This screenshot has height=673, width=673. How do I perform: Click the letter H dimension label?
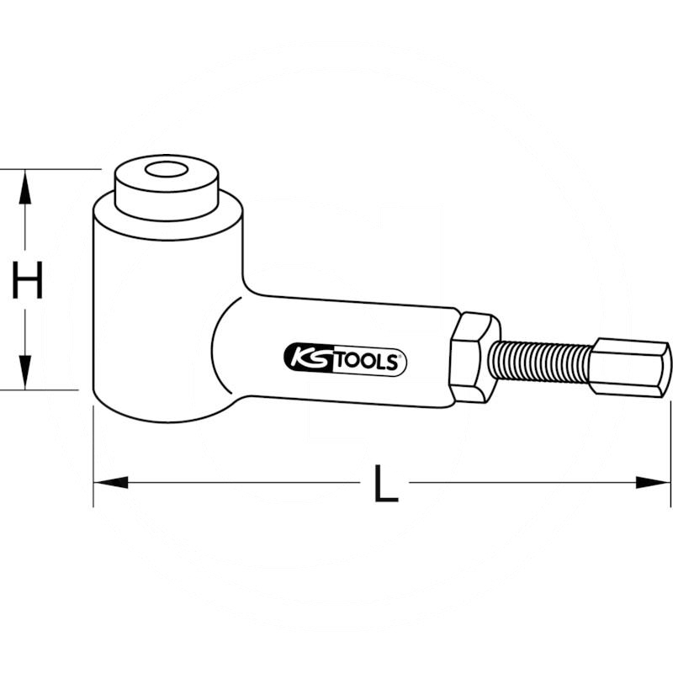pyautogui.click(x=28, y=279)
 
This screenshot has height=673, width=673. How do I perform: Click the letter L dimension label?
pyautogui.click(x=386, y=484)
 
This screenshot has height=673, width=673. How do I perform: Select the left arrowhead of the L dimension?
pyautogui.click(x=111, y=482)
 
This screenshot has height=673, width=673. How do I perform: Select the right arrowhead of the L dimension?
pyautogui.click(x=653, y=482)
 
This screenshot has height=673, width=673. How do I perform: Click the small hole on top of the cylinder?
pyautogui.click(x=166, y=170)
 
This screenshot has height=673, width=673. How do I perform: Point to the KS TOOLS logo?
pyautogui.click(x=345, y=360)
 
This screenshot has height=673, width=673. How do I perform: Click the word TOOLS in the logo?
pyautogui.click(x=365, y=362)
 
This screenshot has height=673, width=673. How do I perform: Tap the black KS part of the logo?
pyautogui.click(x=309, y=359)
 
